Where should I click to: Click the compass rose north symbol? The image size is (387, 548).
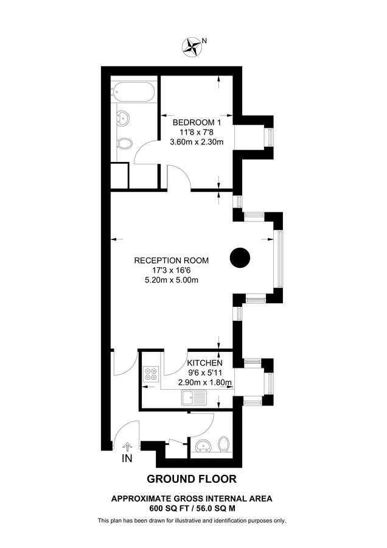[x=193, y=45]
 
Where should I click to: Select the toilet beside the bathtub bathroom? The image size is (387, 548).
[x=124, y=144]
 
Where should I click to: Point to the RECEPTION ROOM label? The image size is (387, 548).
[x=172, y=261]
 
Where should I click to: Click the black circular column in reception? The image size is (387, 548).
[x=240, y=258]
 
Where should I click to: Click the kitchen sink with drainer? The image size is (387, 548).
[x=194, y=399]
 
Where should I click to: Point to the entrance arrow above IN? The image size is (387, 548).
[x=128, y=449]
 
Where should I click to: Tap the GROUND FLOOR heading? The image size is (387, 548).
[x=192, y=479]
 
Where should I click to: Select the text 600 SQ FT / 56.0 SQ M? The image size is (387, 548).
[x=192, y=507]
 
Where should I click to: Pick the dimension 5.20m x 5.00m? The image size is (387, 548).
[x=172, y=280]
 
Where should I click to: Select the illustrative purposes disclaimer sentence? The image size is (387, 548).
[x=192, y=521]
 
